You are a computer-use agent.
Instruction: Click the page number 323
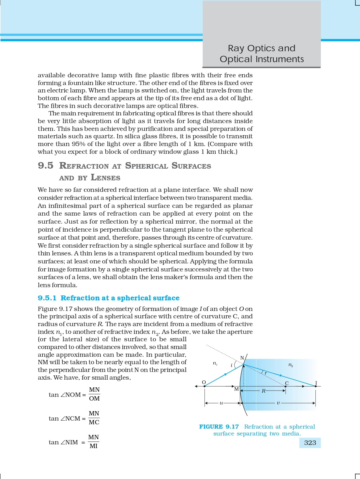pyautogui.click(x=310, y=443)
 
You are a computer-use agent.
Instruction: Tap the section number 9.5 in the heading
pyautogui.click(x=46, y=165)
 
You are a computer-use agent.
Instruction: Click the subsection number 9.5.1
pyautogui.click(x=47, y=298)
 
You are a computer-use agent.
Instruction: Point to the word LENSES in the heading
pyautogui.click(x=105, y=178)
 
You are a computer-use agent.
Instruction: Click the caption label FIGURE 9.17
pyautogui.click(x=219, y=427)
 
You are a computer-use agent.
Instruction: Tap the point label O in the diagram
pyautogui.click(x=204, y=382)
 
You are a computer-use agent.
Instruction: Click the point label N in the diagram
pyautogui.click(x=242, y=358)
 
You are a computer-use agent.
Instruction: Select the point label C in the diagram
pyautogui.click(x=286, y=383)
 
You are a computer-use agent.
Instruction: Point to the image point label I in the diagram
pyautogui.click(x=316, y=383)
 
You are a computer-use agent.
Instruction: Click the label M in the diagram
pyautogui.click(x=236, y=389)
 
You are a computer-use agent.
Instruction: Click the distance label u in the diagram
pyautogui.click(x=221, y=403)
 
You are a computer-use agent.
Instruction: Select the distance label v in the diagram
pyautogui.click(x=278, y=403)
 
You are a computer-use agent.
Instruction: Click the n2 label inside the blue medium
pyautogui.click(x=290, y=365)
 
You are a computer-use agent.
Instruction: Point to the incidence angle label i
pyautogui.click(x=231, y=365)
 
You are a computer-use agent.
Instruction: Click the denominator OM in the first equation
pyautogui.click(x=94, y=399)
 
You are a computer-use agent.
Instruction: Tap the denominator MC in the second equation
pyautogui.click(x=94, y=422)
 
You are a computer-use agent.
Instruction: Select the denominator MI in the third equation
pyautogui.click(x=94, y=446)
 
